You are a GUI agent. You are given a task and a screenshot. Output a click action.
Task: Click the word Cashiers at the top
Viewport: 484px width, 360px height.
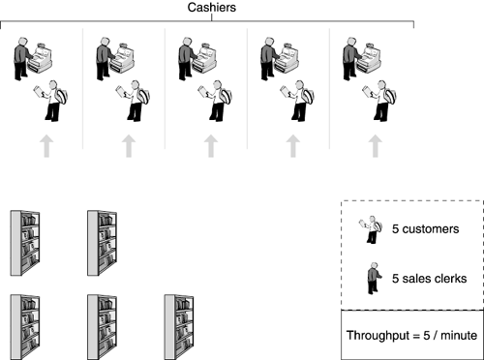tap(212, 8)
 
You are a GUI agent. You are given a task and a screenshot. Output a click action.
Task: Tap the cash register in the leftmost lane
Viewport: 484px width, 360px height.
tap(40, 58)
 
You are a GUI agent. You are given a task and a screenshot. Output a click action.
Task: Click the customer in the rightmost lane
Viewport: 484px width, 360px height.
tap(379, 101)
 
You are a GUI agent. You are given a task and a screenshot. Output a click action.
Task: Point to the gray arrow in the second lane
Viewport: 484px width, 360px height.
tap(129, 146)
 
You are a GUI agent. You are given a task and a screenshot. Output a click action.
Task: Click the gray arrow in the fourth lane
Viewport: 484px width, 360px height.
tap(293, 146)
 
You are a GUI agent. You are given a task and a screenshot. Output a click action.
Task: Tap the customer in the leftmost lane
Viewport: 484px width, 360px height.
tap(50, 101)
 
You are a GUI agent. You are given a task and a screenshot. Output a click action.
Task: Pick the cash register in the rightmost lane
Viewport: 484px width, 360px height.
tap(369, 58)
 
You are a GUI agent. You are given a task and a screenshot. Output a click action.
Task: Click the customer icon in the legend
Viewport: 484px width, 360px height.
tap(371, 229)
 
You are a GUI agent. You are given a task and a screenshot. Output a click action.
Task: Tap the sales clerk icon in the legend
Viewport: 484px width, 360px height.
tap(374, 278)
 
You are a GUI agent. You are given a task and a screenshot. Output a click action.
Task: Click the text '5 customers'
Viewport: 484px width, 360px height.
tap(425, 229)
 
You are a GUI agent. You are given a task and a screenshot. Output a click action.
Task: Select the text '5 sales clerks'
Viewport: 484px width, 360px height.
tap(430, 279)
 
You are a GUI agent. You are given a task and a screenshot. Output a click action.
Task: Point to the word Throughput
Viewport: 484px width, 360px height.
tap(378, 336)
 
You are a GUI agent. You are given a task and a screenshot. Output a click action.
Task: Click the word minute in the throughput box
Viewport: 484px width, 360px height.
tap(459, 336)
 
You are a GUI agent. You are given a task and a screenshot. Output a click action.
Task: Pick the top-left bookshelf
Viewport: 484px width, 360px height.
tap(25, 243)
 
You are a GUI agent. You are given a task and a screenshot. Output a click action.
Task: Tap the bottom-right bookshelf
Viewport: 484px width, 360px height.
tap(179, 327)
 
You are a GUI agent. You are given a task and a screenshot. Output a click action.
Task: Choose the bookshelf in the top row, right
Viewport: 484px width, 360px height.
tap(102, 243)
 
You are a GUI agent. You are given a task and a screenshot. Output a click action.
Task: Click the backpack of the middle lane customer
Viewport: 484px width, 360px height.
tap(226, 96)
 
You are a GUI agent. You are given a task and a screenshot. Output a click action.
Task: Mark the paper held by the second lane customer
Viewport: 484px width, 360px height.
tap(120, 90)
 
